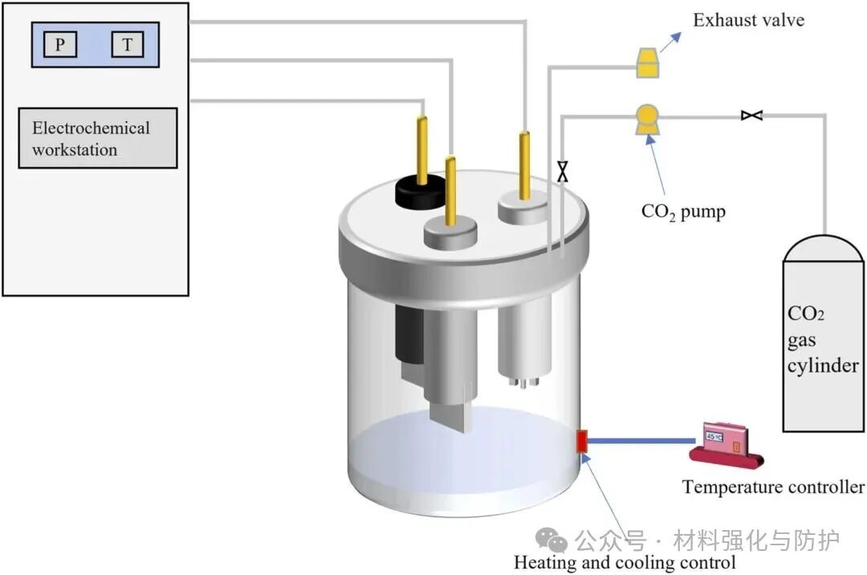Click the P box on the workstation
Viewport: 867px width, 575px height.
coord(60,45)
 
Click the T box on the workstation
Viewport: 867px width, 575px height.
coord(128,45)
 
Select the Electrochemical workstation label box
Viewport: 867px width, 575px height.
coord(97,138)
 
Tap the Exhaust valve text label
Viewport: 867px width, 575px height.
coord(748,20)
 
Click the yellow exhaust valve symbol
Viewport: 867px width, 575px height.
coord(648,63)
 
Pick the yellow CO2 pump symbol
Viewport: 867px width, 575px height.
coord(646,119)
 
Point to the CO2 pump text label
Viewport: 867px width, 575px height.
coord(683,212)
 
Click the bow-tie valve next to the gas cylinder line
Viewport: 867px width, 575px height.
coord(751,116)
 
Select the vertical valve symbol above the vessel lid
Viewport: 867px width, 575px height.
coord(563,171)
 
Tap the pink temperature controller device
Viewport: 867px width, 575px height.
coord(725,442)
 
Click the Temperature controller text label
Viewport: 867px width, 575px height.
coord(773,487)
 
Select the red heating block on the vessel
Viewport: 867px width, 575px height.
coord(583,440)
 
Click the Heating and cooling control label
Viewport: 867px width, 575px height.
coord(625,562)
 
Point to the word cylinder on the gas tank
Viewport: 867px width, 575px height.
coord(821,366)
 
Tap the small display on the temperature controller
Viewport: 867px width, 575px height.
coord(714,436)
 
